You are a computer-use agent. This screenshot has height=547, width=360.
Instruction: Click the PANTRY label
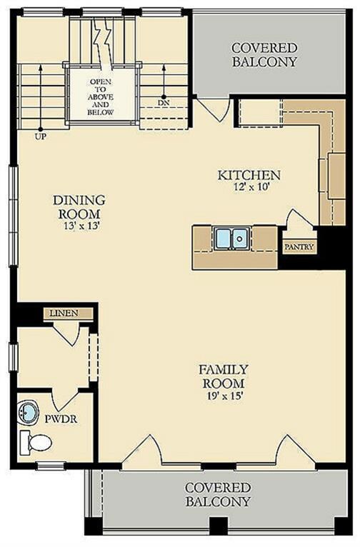(299, 247)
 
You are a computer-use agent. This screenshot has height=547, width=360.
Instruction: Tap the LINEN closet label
(64, 313)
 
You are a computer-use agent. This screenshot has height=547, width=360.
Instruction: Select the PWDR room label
(61, 418)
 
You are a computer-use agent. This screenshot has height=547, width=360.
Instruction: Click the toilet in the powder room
(36, 442)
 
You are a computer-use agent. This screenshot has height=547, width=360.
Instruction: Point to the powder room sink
(28, 413)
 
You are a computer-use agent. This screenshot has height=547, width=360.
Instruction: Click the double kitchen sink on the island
(231, 238)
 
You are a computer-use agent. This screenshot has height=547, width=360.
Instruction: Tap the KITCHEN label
(249, 175)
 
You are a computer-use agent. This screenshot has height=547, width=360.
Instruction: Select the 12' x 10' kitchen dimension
(251, 186)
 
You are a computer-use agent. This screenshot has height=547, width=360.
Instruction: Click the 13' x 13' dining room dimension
(81, 226)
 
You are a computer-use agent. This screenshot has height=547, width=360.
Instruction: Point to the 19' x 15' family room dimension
(224, 396)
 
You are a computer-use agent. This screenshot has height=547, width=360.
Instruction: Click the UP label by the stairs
(40, 137)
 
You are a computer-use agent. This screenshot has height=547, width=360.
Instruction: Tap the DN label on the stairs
(164, 103)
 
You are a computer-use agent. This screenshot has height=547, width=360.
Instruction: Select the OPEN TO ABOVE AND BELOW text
(101, 97)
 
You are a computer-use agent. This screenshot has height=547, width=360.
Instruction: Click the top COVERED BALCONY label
(264, 55)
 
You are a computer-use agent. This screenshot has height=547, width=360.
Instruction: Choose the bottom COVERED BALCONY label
(218, 494)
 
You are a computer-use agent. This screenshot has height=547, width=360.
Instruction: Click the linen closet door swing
(67, 334)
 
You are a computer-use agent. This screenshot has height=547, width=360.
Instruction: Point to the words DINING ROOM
(79, 206)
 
